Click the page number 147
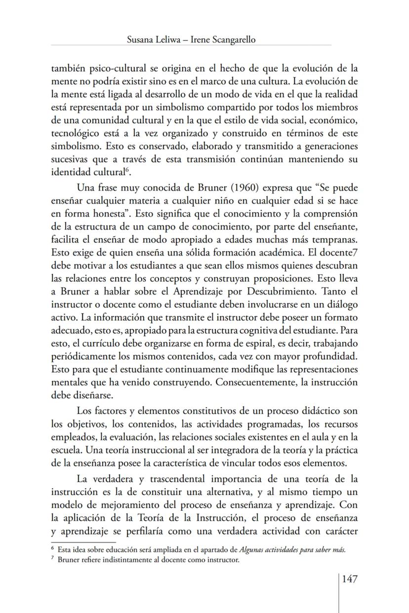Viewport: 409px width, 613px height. coord(349,578)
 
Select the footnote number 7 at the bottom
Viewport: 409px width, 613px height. coord(53,559)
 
